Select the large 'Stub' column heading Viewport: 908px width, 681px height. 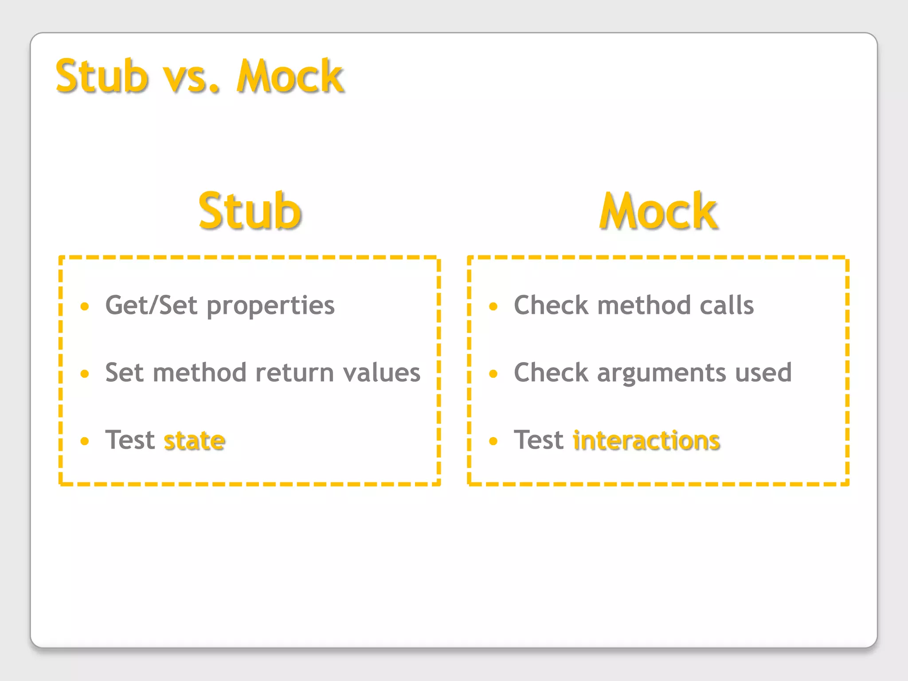pos(250,211)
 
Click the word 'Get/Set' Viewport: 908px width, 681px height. pos(151,305)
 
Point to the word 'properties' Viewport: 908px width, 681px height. pos(270,306)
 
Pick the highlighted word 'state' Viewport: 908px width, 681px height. pos(195,440)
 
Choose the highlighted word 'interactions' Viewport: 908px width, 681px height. pos(646,440)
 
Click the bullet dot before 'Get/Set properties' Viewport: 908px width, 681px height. pos(85,306)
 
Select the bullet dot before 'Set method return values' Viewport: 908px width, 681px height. pos(85,374)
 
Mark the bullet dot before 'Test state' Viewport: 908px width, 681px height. pos(85,441)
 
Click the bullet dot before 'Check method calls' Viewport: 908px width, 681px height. pos(493,306)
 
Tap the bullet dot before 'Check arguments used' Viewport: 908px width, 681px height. pos(493,374)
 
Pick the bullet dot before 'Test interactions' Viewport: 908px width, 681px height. pos(493,441)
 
